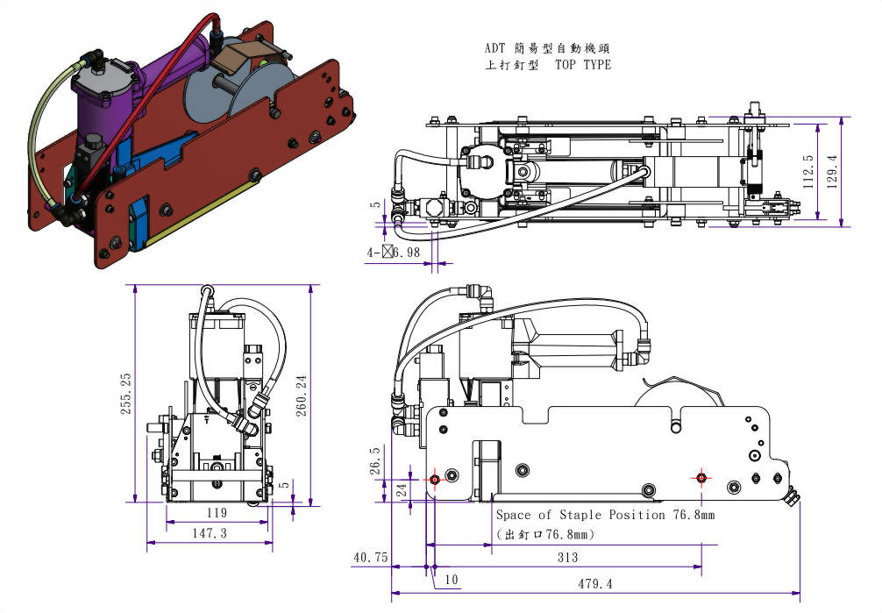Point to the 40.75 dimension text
(x=369, y=558)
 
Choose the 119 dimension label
(x=217, y=512)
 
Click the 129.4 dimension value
(x=832, y=171)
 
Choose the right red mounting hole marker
(x=701, y=477)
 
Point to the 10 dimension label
(x=451, y=580)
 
